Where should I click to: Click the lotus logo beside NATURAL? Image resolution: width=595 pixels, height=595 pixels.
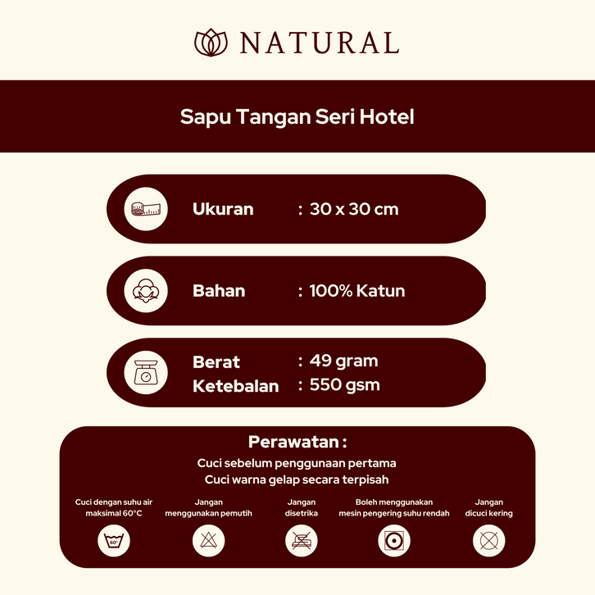point(211,43)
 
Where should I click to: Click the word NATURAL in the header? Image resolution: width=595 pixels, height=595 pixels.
point(320,43)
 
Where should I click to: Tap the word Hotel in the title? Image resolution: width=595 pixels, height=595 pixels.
point(387,116)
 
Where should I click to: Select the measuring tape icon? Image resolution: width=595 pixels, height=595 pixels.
point(146,209)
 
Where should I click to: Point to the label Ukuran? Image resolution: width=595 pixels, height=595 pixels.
point(223,209)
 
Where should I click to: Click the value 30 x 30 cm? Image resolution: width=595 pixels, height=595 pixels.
point(354,209)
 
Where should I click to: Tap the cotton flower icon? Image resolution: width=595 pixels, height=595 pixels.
point(146,291)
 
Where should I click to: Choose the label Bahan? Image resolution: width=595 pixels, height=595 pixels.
point(219,291)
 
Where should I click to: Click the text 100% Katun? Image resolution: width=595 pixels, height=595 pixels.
point(357,291)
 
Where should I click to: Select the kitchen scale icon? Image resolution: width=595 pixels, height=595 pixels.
point(146,373)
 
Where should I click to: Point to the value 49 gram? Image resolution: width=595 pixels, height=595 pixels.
point(343,361)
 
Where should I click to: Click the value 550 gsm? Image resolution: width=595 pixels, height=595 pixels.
point(344,384)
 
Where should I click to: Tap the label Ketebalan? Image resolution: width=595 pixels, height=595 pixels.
point(236,386)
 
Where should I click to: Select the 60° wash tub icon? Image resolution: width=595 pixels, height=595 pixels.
point(114,541)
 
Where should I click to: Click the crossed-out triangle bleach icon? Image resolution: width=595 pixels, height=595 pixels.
point(208,541)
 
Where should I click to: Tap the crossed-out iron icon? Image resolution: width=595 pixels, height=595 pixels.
point(302,541)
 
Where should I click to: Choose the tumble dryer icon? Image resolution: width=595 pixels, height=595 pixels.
point(394,541)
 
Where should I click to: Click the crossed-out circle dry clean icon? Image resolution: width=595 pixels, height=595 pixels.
point(488,541)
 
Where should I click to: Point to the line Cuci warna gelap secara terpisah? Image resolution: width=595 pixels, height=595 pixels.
point(297,479)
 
